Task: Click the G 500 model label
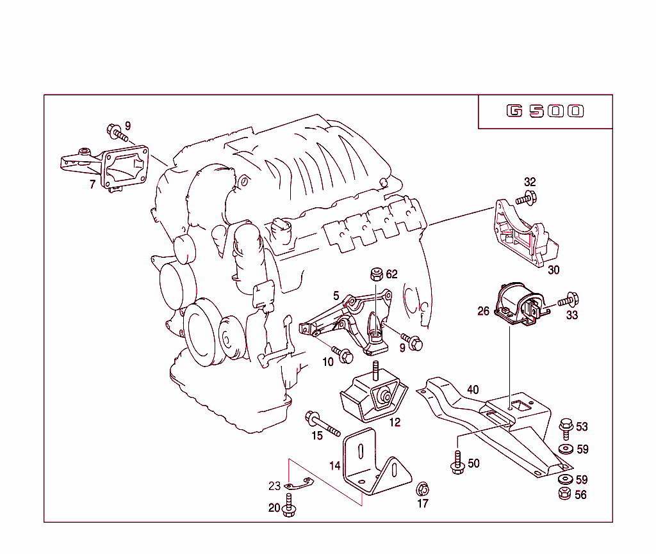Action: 545,111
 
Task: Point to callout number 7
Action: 92,185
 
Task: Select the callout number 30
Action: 553,270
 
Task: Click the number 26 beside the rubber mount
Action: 484,312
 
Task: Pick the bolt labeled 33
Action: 568,299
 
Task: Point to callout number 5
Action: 336,296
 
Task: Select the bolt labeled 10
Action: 342,353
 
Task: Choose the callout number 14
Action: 335,466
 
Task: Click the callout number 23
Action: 274,486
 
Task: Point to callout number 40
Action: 473,390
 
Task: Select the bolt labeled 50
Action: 457,464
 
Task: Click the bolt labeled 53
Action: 566,426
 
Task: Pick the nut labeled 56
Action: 565,493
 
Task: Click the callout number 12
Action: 395,422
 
